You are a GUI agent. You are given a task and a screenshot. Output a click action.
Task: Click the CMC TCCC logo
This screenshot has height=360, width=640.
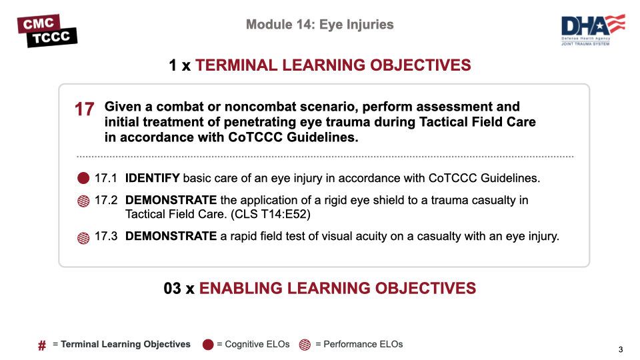pos(47,31)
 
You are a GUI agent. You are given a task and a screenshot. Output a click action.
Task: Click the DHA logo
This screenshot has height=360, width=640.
pos(593,30)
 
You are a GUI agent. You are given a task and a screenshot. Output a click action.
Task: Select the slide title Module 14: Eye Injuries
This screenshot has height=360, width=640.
pos(319,25)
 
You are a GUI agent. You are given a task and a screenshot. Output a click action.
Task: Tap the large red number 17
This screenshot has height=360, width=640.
pos(85,109)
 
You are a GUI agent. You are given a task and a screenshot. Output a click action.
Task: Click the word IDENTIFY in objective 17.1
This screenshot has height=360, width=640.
pos(152,178)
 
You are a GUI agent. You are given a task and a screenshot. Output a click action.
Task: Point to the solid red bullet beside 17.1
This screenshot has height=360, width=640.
pos(83,178)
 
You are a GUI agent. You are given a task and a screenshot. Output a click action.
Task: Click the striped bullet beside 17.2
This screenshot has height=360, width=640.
pos(83,201)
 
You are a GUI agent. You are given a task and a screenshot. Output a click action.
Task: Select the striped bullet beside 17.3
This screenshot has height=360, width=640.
pos(83,237)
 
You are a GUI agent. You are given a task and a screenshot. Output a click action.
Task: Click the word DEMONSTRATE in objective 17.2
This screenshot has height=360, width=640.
pos(171,200)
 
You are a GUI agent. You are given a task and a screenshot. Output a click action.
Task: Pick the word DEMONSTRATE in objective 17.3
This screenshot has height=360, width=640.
pos(171,236)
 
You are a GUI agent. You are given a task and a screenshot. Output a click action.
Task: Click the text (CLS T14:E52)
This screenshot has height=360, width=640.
pos(270,214)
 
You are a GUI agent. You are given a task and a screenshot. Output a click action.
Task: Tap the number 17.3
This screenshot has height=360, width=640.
pos(106,236)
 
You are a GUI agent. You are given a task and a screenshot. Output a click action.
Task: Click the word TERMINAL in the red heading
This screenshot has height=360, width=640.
pos(236,65)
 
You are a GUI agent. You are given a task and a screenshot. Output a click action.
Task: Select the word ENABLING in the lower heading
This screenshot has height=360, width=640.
pos(241,288)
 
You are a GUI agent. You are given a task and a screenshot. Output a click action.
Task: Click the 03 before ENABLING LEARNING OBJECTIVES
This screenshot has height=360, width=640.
pos(172,288)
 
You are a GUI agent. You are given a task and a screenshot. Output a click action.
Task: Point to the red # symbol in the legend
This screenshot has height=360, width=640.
pos(42,346)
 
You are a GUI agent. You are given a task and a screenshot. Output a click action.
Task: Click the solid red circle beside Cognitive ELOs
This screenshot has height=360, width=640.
pos(208,345)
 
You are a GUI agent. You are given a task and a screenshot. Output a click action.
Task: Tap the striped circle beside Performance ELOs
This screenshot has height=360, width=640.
pos(305,345)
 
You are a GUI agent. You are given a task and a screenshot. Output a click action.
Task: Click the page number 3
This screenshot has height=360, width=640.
pos(621,349)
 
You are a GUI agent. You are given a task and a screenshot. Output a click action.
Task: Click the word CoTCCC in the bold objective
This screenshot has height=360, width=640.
pos(255,137)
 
